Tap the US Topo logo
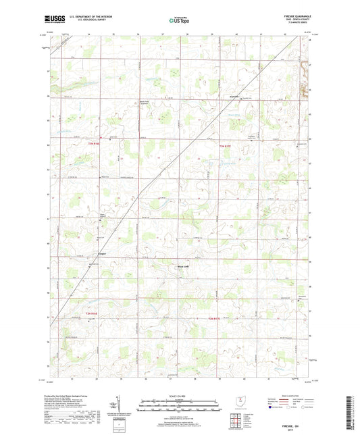coord(178,21)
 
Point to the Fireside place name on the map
coord(234,97)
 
